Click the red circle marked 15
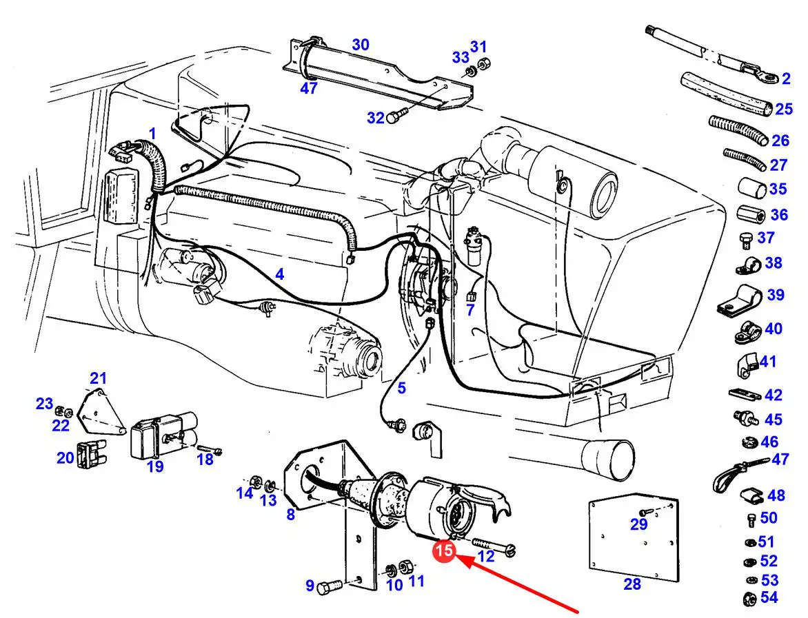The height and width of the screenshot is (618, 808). (444, 550)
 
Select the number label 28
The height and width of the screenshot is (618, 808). (632, 584)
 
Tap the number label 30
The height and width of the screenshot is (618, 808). (360, 45)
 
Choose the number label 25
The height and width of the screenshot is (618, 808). (783, 109)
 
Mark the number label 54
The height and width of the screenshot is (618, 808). (768, 597)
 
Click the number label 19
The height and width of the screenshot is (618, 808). (155, 466)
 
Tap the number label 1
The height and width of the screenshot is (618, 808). (152, 132)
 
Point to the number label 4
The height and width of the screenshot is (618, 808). (279, 274)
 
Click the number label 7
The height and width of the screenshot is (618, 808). (470, 310)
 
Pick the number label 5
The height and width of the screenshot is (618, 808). (401, 388)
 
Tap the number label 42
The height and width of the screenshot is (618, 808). (774, 395)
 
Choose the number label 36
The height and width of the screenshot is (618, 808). (779, 215)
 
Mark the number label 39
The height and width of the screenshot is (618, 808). (776, 295)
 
